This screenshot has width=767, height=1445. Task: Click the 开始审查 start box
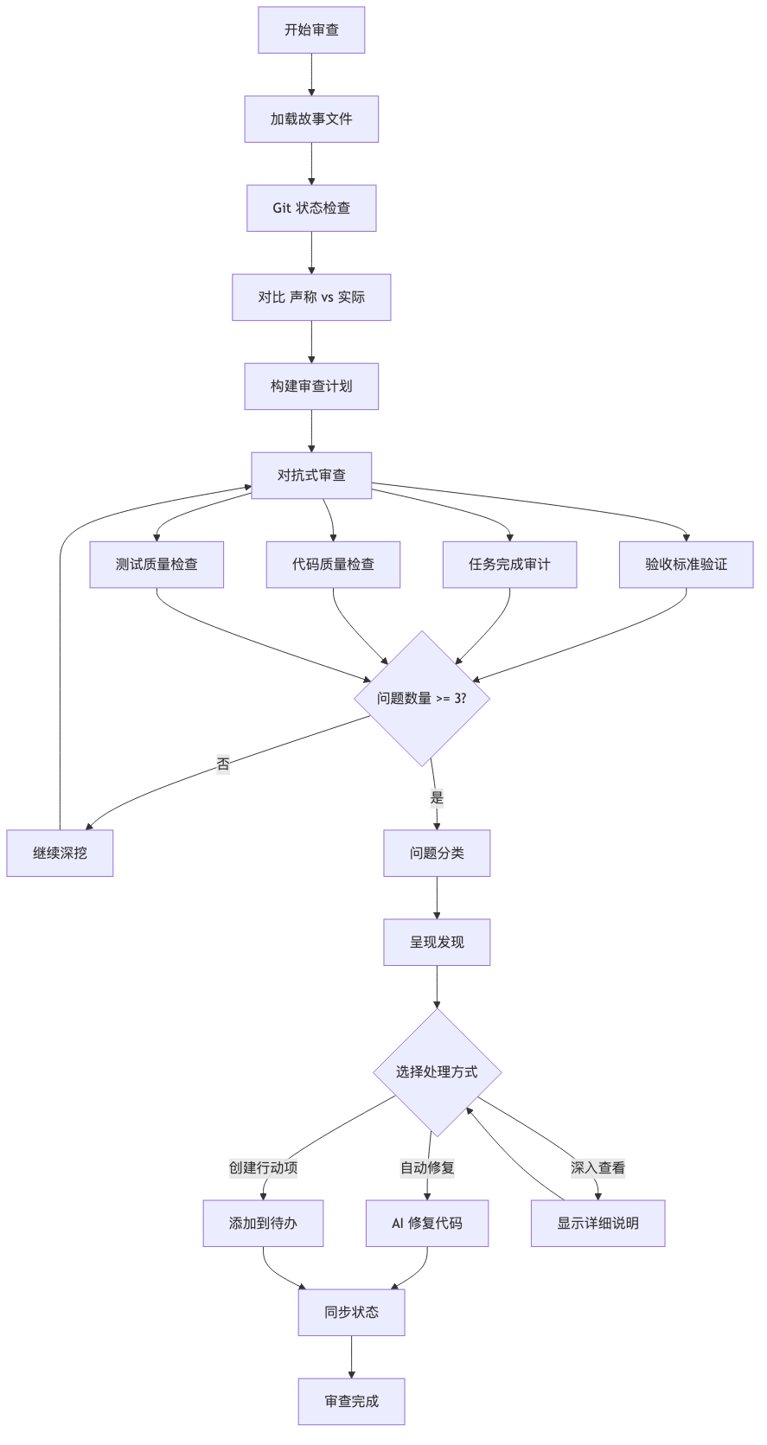pyautogui.click(x=311, y=29)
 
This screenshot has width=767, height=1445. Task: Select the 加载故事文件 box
pyautogui.click(x=311, y=118)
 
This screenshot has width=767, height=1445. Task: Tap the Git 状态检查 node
pyautogui.click(x=311, y=208)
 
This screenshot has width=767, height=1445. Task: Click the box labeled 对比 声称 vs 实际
pyautogui.click(x=311, y=297)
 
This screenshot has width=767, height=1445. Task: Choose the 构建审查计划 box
pyautogui.click(x=311, y=387)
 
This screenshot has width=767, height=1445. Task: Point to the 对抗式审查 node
pyautogui.click(x=311, y=475)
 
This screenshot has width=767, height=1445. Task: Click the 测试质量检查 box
pyautogui.click(x=157, y=564)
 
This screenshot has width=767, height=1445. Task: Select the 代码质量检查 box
pyautogui.click(x=333, y=564)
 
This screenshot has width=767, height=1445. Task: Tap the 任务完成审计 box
pyautogui.click(x=509, y=564)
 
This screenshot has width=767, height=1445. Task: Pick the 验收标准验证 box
pyautogui.click(x=686, y=564)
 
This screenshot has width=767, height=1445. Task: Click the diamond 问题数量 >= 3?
pyautogui.click(x=422, y=698)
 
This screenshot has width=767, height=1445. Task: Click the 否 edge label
pyautogui.click(x=223, y=764)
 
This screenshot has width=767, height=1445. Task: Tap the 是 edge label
pyautogui.click(x=437, y=797)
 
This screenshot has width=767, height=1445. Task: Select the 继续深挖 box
pyautogui.click(x=60, y=853)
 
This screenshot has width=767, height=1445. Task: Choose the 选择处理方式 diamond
pyautogui.click(x=437, y=1072)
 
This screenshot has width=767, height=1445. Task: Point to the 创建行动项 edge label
pyautogui.click(x=263, y=1167)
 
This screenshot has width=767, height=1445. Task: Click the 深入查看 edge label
pyautogui.click(x=598, y=1167)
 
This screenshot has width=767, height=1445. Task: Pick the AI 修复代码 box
pyautogui.click(x=427, y=1224)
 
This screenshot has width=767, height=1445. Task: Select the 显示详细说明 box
pyautogui.click(x=598, y=1224)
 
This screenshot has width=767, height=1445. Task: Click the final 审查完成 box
pyautogui.click(x=351, y=1401)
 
